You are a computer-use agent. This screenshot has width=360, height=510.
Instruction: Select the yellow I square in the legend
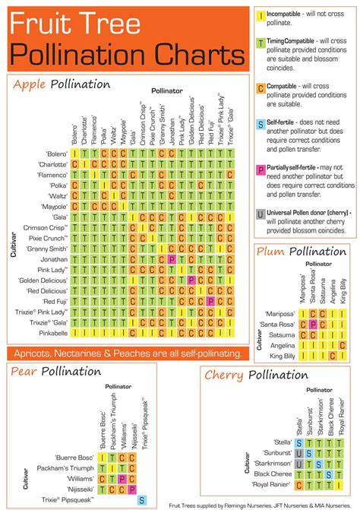pyautogui.click(x=261, y=14)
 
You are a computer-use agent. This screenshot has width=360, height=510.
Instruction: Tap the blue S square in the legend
pyautogui.click(x=261, y=124)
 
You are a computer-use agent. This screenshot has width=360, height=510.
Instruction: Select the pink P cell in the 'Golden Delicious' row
pyautogui.click(x=191, y=280)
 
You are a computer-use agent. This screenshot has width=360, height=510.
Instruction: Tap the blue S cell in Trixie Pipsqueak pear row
pyautogui.click(x=142, y=499)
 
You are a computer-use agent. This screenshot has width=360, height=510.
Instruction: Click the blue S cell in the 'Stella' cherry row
pyautogui.click(x=299, y=443)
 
